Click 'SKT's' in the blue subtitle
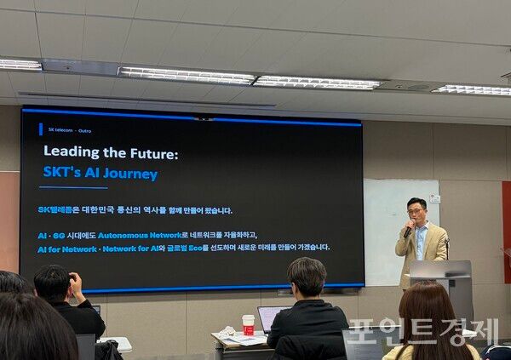[x=62, y=174]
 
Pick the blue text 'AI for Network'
[x=66, y=248]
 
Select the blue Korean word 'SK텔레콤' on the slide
[x=57, y=210]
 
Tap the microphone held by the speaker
[x=408, y=231]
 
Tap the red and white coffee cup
[x=248, y=324]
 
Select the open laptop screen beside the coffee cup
[x=270, y=317]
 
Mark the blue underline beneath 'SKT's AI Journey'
[x=73, y=187]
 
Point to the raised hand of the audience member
[x=75, y=281]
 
